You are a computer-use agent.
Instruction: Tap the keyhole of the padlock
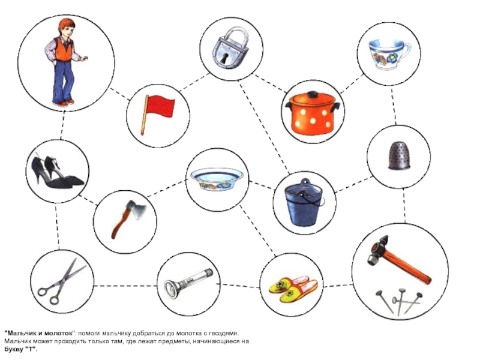pos(227,58)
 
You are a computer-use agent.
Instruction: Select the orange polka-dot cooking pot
pos(313,113)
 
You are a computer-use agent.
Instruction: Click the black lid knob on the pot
pos(312,94)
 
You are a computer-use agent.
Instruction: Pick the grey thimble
pos(399,155)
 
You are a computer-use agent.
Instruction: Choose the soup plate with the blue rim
pos(217,179)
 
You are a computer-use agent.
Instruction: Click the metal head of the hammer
pos(377,250)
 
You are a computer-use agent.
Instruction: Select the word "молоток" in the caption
pos(59,333)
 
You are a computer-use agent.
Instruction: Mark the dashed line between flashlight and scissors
pos(125,286)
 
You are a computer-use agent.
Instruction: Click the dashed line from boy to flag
pos(120,94)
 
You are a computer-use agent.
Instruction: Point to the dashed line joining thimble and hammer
pos(404,205)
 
